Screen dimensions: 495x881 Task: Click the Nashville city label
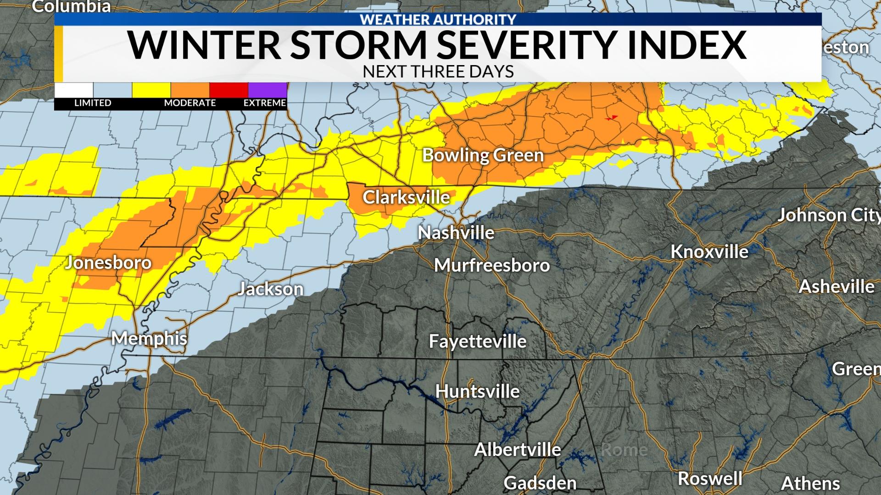point(456,233)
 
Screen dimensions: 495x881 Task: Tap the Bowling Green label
point(483,155)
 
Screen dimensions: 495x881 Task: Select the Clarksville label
point(406,197)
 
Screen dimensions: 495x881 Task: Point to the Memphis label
point(149,339)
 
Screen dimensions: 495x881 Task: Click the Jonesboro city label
point(108,263)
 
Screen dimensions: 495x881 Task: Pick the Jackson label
point(271,289)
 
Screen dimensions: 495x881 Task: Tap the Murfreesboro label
point(492,265)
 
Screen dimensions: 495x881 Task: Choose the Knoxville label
point(709,252)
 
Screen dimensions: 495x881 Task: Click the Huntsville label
point(477,391)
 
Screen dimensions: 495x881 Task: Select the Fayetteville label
point(477,341)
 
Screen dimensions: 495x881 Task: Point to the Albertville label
point(517,450)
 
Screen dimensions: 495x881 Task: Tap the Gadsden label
point(540,483)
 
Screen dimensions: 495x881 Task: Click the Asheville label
point(836,287)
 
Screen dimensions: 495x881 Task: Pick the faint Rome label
point(624,450)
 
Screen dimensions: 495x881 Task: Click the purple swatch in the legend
point(268,90)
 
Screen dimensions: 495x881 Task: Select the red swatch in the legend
point(229,90)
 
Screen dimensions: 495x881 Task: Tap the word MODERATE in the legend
point(190,103)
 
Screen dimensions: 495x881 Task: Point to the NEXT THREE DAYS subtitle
point(438,72)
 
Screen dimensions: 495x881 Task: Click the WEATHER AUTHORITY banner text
point(438,19)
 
